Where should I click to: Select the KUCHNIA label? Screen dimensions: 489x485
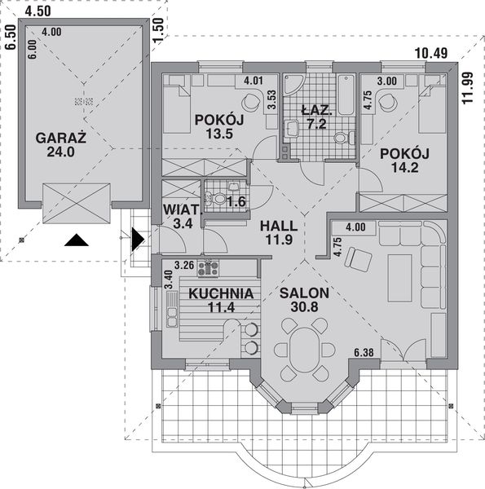click(x=220, y=293)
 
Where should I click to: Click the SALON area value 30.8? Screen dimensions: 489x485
click(x=303, y=308)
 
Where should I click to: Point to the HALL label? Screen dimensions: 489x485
click(x=278, y=225)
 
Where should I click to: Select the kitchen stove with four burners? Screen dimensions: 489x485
click(x=209, y=267)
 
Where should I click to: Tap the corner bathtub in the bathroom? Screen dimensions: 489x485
click(x=293, y=86)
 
